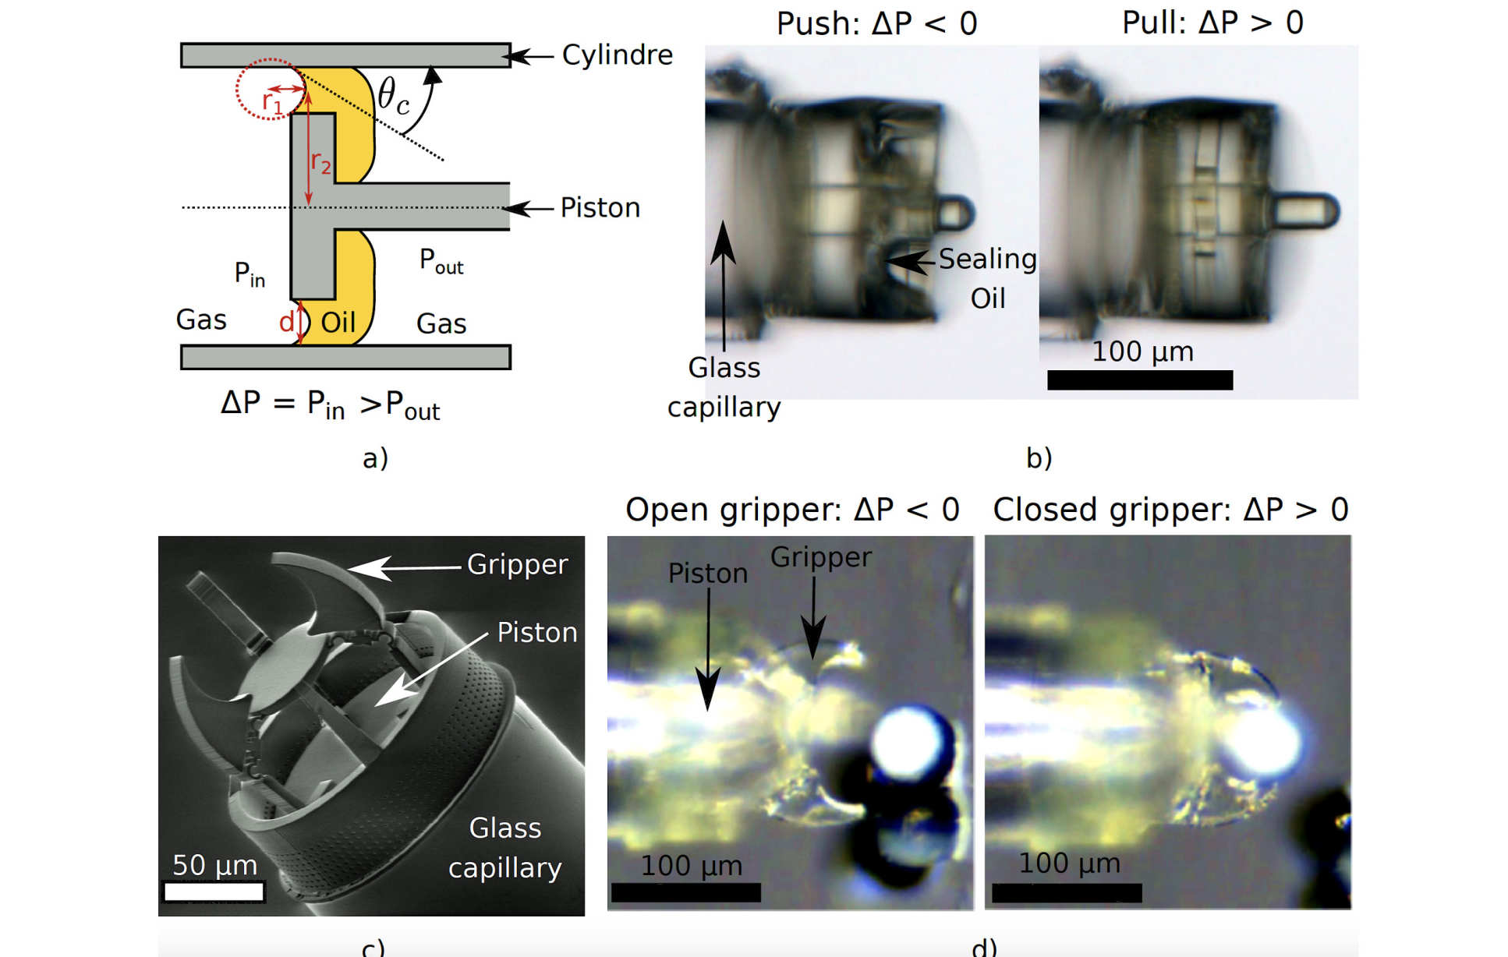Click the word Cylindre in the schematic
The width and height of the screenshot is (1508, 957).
pyautogui.click(x=617, y=55)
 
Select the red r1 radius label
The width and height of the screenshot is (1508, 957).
pyautogui.click(x=272, y=102)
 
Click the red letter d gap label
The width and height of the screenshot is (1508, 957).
pyautogui.click(x=286, y=321)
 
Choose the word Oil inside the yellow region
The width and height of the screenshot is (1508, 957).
pyautogui.click(x=338, y=322)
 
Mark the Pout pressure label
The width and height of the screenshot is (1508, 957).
pyautogui.click(x=441, y=261)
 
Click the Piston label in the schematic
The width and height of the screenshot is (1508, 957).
pyautogui.click(x=600, y=207)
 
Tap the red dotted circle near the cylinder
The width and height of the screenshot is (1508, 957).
pyautogui.click(x=270, y=89)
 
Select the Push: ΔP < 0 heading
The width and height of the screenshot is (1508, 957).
pyautogui.click(x=876, y=23)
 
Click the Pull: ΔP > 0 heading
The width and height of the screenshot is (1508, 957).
pyautogui.click(x=1212, y=23)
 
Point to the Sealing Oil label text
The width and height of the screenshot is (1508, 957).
pyautogui.click(x=987, y=278)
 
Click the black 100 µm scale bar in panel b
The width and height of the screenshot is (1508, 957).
pyautogui.click(x=1140, y=380)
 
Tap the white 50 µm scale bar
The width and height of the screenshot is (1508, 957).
pyautogui.click(x=214, y=891)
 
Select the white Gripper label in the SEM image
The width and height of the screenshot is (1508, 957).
pyautogui.click(x=517, y=564)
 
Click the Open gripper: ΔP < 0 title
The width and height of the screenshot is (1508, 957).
pyautogui.click(x=792, y=510)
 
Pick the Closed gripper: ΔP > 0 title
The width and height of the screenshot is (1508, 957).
pyautogui.click(x=1170, y=510)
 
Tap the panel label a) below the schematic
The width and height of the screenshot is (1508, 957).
pyautogui.click(x=375, y=457)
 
